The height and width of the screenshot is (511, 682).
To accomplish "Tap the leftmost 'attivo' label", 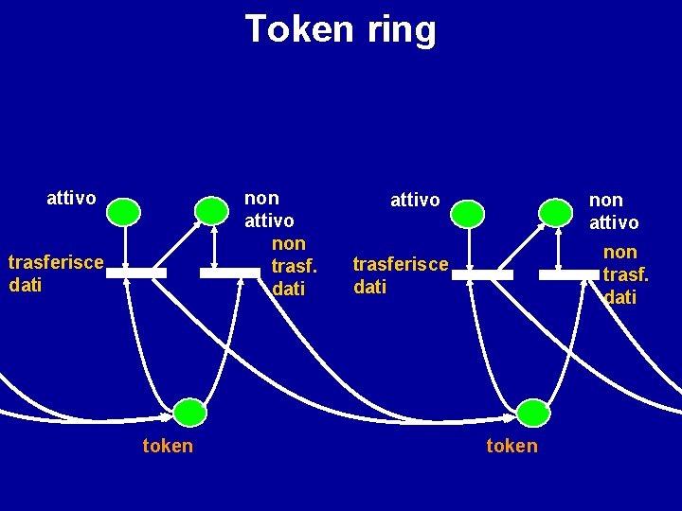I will coord(71,198).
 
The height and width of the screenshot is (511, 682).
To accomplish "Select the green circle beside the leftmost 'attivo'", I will coord(123,212).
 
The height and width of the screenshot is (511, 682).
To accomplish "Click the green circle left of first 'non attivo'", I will coord(210,212).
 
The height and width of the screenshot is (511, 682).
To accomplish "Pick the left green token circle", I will coord(189,413).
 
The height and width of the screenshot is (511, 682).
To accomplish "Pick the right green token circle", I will coord(533,413).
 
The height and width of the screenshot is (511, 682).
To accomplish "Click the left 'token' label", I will coord(168,446).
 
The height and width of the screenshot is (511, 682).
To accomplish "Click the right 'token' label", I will coord(511,446).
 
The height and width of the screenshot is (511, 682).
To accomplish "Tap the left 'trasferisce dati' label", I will coord(55,273).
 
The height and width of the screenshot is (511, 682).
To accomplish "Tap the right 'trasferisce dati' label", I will coord(400,274).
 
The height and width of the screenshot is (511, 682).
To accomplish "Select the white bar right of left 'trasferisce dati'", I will coord(135,273).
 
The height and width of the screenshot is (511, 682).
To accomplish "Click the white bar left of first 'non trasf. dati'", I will coord(229,273).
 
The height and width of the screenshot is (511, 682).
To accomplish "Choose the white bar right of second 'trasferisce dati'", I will coord(482,275).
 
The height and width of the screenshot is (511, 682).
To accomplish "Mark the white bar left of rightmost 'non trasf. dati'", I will coord(569,275).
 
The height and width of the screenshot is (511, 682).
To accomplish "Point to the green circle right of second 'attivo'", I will coord(467,214).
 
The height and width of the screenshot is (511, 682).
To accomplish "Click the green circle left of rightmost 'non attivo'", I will coord(554,213).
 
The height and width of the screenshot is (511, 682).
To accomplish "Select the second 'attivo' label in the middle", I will coord(415,201).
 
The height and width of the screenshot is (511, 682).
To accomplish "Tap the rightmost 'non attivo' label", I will coord(614,211).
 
